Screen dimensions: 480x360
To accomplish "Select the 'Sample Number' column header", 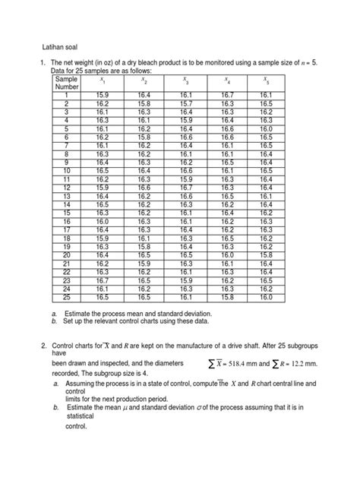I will tap(66, 82).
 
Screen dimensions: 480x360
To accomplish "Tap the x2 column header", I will tap(144, 79).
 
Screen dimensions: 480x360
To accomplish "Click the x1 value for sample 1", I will tap(103, 95).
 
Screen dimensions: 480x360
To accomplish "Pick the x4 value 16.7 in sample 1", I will tap(226, 95).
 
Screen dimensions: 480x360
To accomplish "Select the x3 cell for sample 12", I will tap(185, 187).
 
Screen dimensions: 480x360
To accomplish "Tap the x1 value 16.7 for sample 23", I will tap(103, 280).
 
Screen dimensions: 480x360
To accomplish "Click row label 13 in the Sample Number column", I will tap(66, 196).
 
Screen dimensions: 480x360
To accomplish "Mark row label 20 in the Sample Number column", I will tap(66, 255).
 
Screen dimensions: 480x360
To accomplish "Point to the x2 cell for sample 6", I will tap(144, 137).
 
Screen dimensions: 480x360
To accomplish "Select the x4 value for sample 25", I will tap(226, 297).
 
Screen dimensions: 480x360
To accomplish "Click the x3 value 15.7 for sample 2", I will tap(185, 103).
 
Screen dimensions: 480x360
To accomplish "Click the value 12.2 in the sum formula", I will tap(313, 366).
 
